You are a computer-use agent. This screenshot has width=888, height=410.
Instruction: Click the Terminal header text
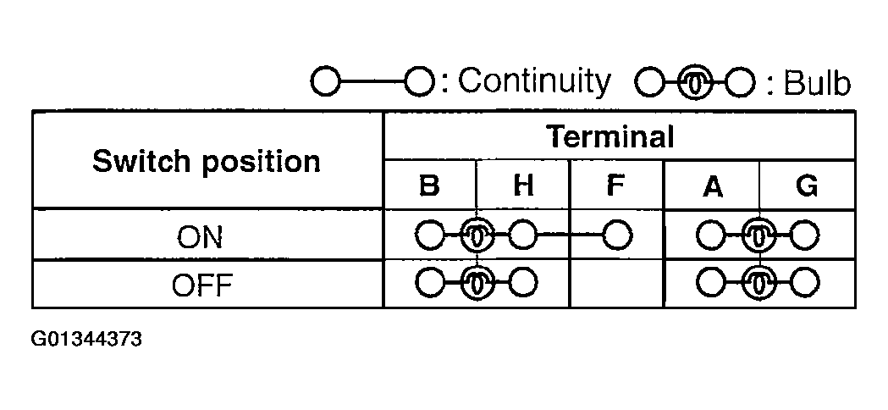[x=610, y=136]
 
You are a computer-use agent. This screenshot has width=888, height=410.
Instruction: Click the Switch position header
[x=207, y=162]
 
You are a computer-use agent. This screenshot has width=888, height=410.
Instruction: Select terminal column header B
[x=429, y=186]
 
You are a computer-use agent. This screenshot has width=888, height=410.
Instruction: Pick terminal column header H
[x=522, y=186]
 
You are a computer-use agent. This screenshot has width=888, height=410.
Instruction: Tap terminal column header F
[x=615, y=186]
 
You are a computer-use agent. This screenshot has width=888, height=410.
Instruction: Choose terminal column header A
[x=713, y=186]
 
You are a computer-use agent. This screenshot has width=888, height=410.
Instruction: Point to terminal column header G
[x=807, y=186]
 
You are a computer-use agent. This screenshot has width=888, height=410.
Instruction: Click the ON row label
[x=199, y=237]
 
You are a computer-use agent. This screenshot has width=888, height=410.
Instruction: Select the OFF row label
[x=202, y=285]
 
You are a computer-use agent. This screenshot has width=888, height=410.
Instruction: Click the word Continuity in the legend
[x=535, y=81]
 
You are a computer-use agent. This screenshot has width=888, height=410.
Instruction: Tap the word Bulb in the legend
[x=817, y=83]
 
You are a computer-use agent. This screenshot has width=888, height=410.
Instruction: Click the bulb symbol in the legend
[x=696, y=84]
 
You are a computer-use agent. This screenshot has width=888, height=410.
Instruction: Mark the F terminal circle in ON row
[x=617, y=235]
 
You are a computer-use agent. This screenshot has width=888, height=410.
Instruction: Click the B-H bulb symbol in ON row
[x=477, y=235]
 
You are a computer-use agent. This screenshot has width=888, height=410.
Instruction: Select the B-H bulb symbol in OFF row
[x=477, y=283]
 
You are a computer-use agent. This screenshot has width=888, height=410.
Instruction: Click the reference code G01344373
[x=86, y=339]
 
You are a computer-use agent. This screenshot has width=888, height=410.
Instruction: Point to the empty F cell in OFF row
[x=616, y=284]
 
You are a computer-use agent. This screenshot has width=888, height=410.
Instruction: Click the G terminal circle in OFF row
[x=804, y=283]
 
